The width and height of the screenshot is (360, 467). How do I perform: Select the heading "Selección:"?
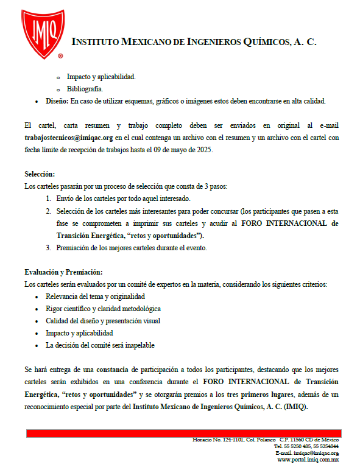coord(40,174)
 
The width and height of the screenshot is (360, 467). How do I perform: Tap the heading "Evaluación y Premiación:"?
coord(63,272)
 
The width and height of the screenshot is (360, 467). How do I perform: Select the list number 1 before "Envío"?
coord(48,199)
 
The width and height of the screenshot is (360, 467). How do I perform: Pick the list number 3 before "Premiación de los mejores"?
coord(48,248)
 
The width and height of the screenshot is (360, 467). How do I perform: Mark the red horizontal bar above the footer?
coord(182,433)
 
